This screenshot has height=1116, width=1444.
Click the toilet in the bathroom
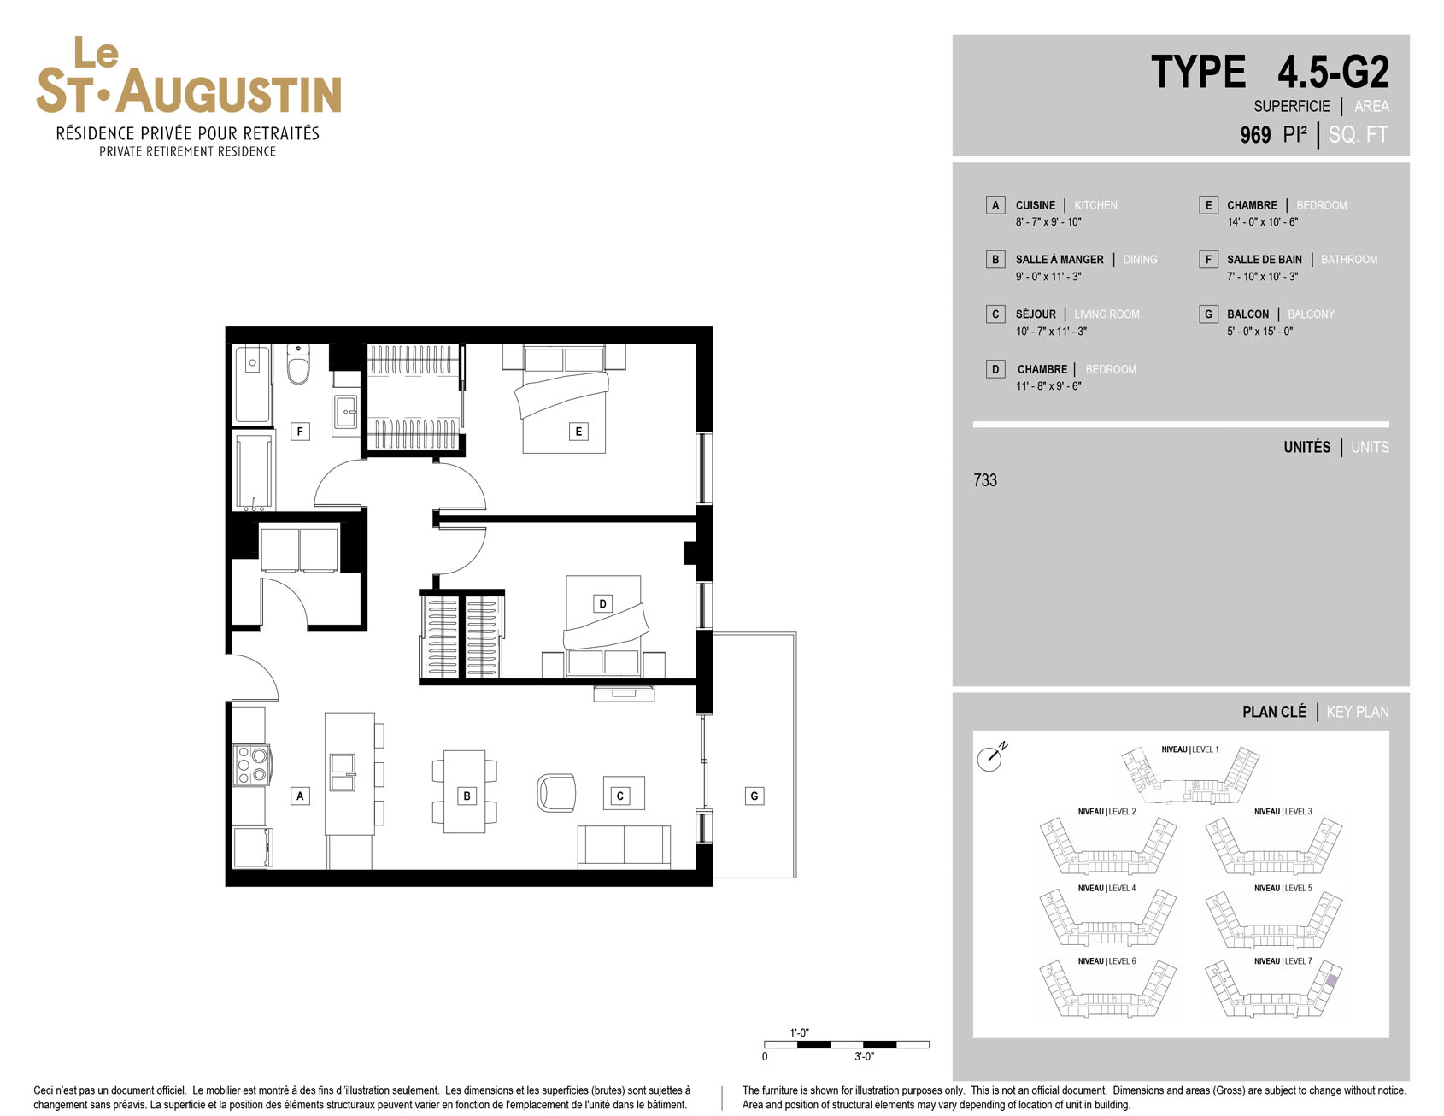click(298, 365)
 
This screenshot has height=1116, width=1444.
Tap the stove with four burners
click(252, 765)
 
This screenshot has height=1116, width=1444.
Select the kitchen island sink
click(343, 772)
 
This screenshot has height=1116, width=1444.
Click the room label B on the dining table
click(467, 796)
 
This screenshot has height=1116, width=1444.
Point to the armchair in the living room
click(556, 792)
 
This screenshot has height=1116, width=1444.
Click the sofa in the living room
click(624, 847)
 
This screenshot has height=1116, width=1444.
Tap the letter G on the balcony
click(754, 796)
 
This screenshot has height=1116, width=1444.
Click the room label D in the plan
click(602, 603)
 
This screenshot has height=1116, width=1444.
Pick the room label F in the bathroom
click(300, 432)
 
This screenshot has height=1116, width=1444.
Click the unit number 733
click(985, 480)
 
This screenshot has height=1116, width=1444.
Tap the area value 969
click(1255, 135)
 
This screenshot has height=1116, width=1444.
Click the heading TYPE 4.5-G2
click(1270, 72)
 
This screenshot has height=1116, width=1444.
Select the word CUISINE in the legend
click(1036, 205)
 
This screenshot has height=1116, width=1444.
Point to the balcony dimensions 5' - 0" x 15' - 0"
click(1260, 332)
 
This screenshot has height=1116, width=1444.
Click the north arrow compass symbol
click(991, 756)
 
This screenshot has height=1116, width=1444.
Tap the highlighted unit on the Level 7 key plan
click(1331, 980)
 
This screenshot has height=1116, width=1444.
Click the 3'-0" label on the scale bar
click(864, 1057)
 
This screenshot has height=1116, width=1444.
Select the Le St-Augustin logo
click(189, 97)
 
